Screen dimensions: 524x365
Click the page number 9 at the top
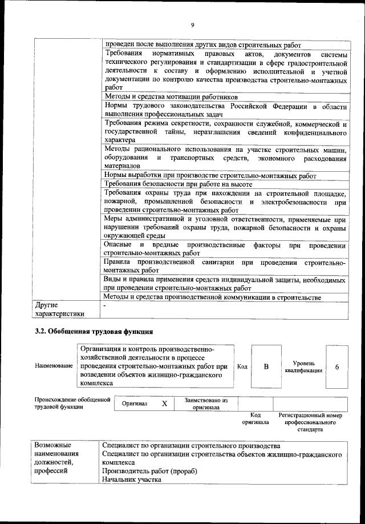click(x=193, y=24)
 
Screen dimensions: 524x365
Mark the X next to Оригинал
click(x=164, y=404)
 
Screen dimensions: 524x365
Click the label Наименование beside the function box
click(x=54, y=365)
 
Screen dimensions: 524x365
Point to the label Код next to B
click(x=242, y=366)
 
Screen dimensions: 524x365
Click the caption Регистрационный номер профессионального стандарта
click(x=310, y=422)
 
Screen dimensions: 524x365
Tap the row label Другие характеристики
click(x=59, y=309)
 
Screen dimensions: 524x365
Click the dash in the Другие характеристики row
click(x=104, y=306)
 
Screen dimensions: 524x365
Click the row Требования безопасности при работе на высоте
click(x=177, y=184)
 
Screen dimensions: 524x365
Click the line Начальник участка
click(x=132, y=480)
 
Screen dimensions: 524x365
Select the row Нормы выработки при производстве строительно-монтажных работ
click(x=209, y=175)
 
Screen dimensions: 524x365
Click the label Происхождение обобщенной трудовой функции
click(x=72, y=403)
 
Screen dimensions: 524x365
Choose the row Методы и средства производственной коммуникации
click(x=212, y=297)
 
